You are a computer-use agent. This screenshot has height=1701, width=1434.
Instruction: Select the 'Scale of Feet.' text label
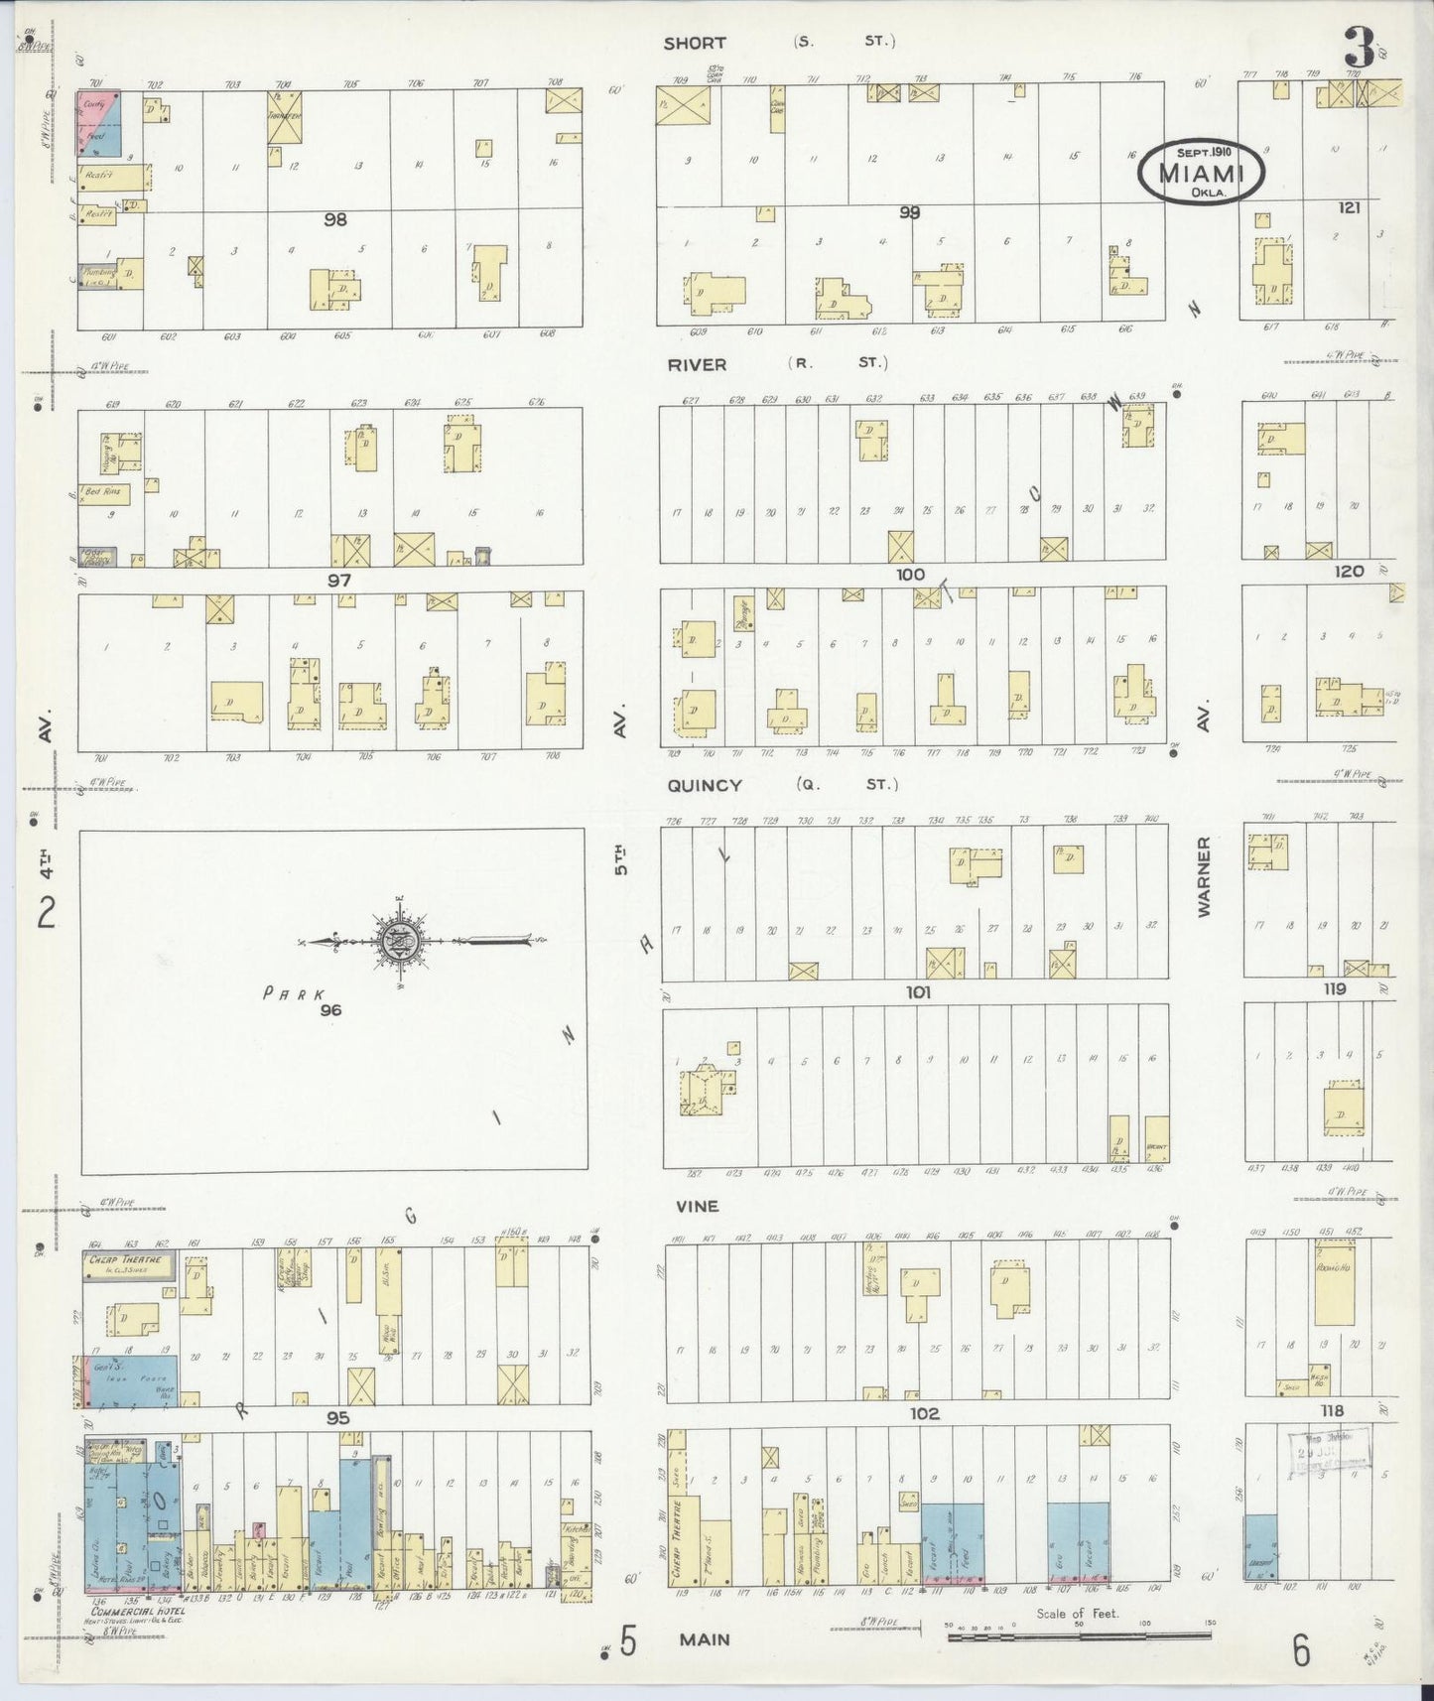(1077, 1613)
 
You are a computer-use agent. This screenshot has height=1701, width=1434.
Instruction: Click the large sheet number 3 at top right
(1359, 48)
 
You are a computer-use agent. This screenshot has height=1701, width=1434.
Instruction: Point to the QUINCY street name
(704, 785)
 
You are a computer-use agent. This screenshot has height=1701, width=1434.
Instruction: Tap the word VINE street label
(698, 1206)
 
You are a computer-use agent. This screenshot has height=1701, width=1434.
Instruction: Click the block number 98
(335, 219)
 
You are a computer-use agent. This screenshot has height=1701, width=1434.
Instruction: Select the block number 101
(918, 991)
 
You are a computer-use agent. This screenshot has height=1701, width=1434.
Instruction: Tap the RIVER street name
(697, 364)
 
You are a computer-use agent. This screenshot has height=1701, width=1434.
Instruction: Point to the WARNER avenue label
(1204, 875)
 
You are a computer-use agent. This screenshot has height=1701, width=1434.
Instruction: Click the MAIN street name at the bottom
(705, 1639)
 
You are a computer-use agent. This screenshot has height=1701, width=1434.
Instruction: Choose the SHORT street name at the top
(695, 43)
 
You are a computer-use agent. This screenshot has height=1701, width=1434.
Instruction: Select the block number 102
(924, 1413)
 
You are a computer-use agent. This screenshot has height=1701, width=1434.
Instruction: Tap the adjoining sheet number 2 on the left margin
(46, 911)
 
